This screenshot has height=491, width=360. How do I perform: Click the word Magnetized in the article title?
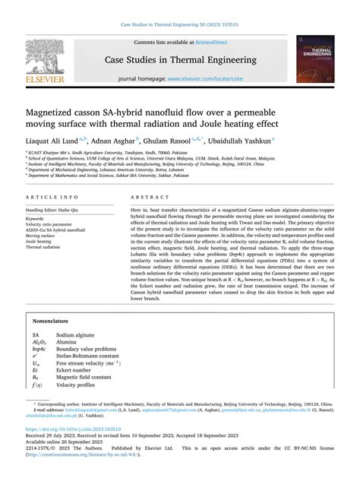54,109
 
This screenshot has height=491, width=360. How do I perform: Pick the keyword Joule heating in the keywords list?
42,242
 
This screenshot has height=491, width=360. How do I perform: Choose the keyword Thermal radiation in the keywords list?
45,248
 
